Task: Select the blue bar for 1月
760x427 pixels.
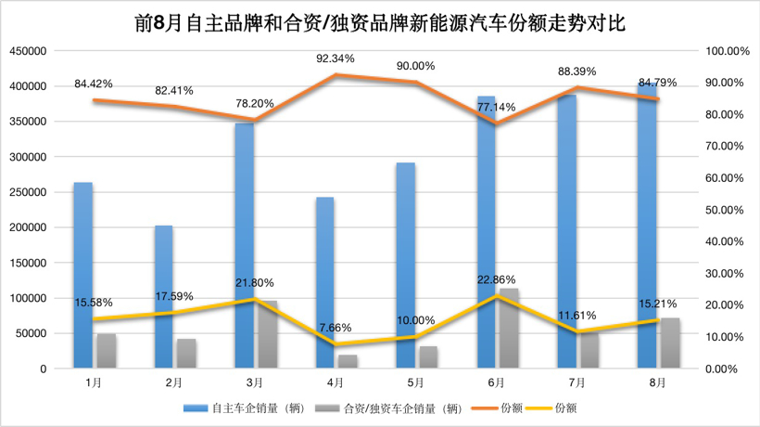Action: [83, 276]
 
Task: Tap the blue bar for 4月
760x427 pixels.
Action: [324, 283]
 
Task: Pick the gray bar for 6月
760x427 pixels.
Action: [509, 330]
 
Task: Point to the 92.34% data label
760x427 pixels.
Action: [336, 58]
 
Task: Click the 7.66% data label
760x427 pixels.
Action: [336, 327]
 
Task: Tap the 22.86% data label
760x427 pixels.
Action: [498, 279]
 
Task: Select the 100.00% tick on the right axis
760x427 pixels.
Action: [727, 51]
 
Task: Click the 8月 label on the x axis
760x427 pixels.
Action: [657, 382]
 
